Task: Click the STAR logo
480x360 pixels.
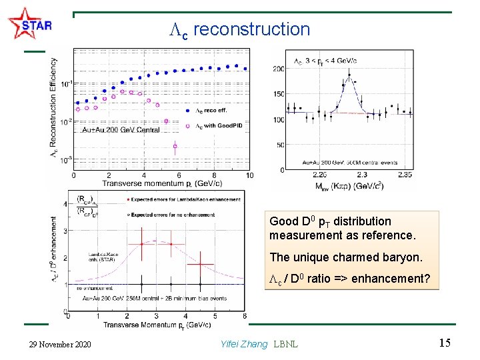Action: coord(29,25)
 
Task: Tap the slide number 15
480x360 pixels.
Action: coord(445,343)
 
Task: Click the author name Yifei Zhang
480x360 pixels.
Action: coord(243,344)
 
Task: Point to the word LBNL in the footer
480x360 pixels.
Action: coord(286,344)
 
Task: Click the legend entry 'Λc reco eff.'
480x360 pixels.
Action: coord(212,111)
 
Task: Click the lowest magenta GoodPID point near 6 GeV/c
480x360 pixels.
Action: coord(175,146)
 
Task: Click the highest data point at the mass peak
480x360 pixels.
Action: coord(354,81)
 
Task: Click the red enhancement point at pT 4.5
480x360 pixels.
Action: coord(199,265)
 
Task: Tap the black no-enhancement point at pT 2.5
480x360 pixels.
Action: coord(142,285)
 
